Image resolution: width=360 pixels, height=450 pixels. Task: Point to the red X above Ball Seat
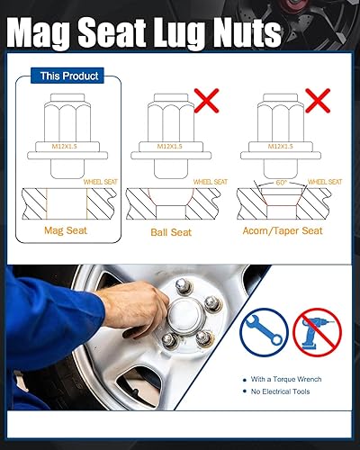point(208,100)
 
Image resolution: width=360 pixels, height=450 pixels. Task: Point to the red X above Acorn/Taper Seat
point(320,100)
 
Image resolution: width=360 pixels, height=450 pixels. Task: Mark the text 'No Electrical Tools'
point(282,392)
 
